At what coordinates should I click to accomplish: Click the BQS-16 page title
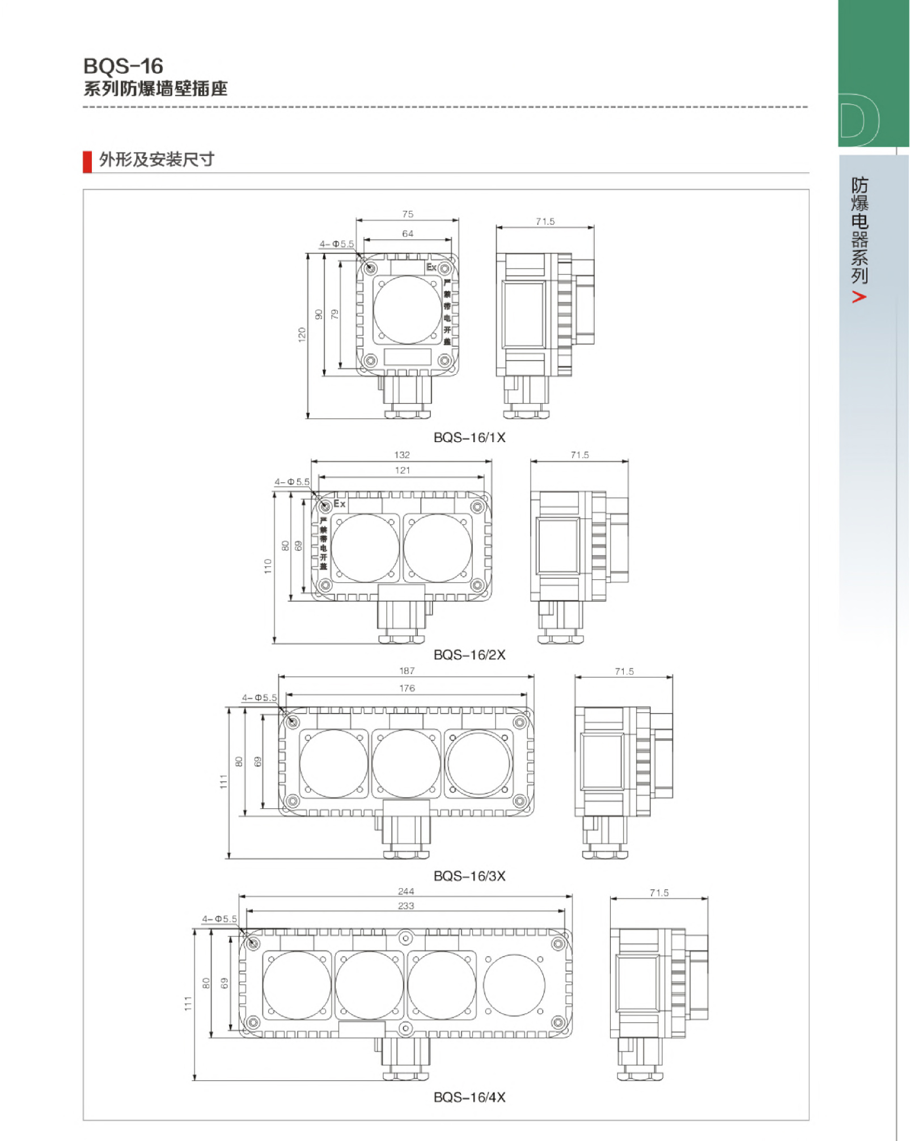(x=123, y=66)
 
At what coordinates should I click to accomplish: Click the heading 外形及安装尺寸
(x=156, y=160)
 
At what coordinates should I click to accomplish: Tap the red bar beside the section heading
(x=87, y=161)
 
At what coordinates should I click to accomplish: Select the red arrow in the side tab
(x=859, y=297)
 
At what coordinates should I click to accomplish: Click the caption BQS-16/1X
(x=469, y=438)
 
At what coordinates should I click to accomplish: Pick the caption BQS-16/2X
(x=469, y=655)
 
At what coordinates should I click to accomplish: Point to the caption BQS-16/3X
(x=469, y=876)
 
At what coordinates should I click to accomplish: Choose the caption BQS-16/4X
(x=469, y=1097)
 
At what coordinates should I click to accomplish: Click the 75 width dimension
(x=408, y=214)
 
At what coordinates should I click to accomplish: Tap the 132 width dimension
(x=402, y=455)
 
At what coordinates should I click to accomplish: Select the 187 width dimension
(x=407, y=671)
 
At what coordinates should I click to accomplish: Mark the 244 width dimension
(x=406, y=891)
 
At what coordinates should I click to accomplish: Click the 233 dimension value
(x=406, y=906)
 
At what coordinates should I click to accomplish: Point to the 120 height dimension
(x=302, y=334)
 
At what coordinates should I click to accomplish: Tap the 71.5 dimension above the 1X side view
(x=545, y=222)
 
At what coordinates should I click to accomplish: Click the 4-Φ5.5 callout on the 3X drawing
(x=259, y=698)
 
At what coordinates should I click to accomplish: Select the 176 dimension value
(x=407, y=688)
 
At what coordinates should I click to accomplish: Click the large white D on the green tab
(x=859, y=120)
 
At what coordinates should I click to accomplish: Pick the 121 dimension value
(x=402, y=470)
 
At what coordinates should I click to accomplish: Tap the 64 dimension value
(x=408, y=234)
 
